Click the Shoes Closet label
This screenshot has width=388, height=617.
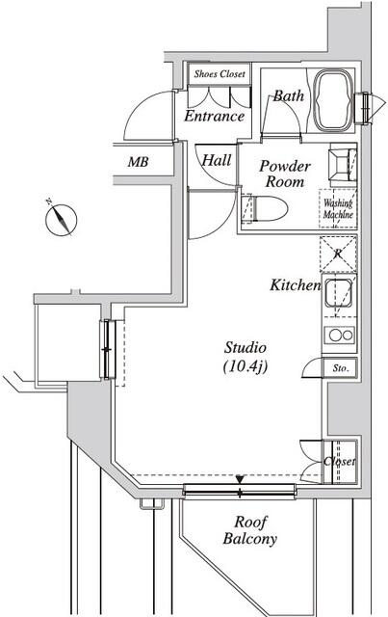pos(220,74)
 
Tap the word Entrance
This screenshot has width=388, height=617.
pos(215,116)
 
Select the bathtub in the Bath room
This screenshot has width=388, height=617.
pos(333,100)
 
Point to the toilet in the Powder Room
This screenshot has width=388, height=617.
pos(265,209)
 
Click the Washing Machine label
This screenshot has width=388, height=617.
pos(338,209)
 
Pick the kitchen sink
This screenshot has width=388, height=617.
pos(338,292)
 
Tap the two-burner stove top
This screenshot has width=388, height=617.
pos(339,335)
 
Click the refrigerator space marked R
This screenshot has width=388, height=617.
pos(338,254)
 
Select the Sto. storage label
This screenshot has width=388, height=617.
pos(341,368)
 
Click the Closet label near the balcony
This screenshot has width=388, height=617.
pos(339,461)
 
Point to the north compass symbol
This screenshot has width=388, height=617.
pos(61,219)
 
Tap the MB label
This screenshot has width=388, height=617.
pos(138,162)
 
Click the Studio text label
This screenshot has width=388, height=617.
pos(246,347)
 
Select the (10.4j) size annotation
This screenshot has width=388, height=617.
pos(246,366)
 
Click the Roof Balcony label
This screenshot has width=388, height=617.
pos(250,530)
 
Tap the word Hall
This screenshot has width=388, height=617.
pos(216,160)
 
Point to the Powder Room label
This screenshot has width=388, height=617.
pos(285,174)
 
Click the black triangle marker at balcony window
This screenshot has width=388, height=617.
pos(240,480)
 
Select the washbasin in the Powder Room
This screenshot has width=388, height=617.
pos(342,165)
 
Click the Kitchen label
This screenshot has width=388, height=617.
pos(296,285)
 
